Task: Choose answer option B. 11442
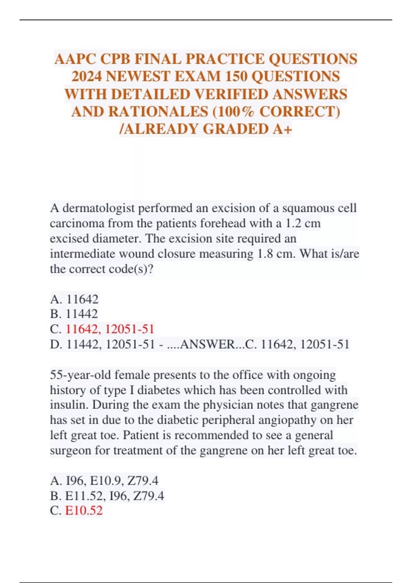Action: (x=74, y=314)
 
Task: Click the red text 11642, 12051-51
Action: (x=110, y=329)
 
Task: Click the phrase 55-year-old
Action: (x=80, y=375)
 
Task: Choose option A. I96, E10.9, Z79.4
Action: (x=104, y=481)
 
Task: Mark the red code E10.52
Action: (x=84, y=511)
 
